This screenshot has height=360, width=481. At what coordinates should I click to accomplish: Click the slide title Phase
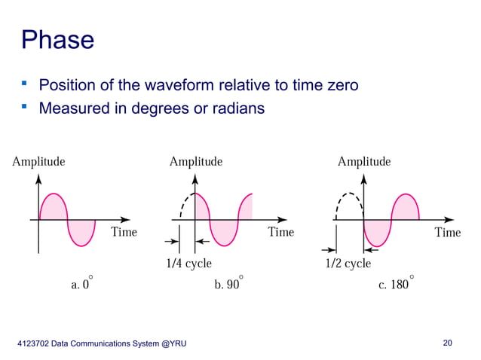[x=58, y=39]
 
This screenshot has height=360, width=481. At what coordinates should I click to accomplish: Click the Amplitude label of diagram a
[x=38, y=161]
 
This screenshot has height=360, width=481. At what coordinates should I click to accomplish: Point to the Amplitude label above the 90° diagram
[x=196, y=161]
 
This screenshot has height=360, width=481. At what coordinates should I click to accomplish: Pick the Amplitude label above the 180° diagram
[x=364, y=161]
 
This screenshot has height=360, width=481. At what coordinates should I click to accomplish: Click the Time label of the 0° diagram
[x=124, y=231]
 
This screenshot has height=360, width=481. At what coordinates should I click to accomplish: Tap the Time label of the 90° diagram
[x=281, y=231]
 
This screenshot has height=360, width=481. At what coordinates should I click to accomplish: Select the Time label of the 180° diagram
[x=448, y=232]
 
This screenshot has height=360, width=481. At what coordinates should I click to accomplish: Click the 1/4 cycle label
[x=188, y=264]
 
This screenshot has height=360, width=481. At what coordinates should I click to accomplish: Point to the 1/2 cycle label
[x=348, y=264]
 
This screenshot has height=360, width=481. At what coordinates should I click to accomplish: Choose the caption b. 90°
[x=228, y=285]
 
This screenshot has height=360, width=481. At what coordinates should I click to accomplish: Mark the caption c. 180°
[x=397, y=285]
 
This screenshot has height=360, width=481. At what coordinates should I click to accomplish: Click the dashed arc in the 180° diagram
[x=349, y=197]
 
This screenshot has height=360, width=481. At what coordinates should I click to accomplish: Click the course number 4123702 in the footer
[x=33, y=344]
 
